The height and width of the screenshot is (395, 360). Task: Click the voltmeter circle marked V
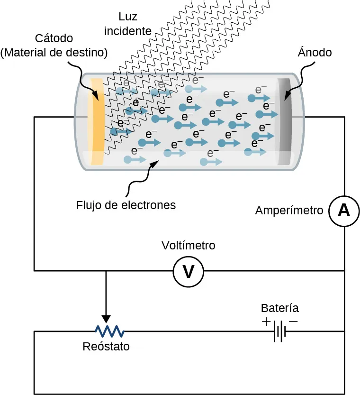pyautogui.click(x=189, y=272)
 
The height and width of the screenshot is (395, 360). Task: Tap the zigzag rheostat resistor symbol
pyautogui.click(x=109, y=331)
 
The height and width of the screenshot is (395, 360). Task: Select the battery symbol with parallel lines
pyautogui.click(x=279, y=331)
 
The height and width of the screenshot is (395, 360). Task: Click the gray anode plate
pyautogui.click(x=284, y=121)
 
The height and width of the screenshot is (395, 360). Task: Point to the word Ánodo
pyautogui.click(x=315, y=53)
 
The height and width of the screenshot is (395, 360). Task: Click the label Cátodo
pyautogui.click(x=54, y=38)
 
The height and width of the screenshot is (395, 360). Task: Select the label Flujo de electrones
pyautogui.click(x=126, y=205)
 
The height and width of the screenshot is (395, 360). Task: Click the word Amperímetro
pyautogui.click(x=289, y=211)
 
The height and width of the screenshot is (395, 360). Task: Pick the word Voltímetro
pyautogui.click(x=189, y=246)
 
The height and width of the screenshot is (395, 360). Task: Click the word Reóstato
pyautogui.click(x=106, y=347)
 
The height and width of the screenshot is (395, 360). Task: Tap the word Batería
pyautogui.click(x=280, y=308)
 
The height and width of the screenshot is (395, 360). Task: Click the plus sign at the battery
pyautogui.click(x=266, y=322)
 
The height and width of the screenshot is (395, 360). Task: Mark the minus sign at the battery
pyautogui.click(x=293, y=322)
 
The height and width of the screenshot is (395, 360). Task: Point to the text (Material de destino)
pyautogui.click(x=54, y=52)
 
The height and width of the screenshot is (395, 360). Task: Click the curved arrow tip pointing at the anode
pyautogui.click(x=285, y=99)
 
